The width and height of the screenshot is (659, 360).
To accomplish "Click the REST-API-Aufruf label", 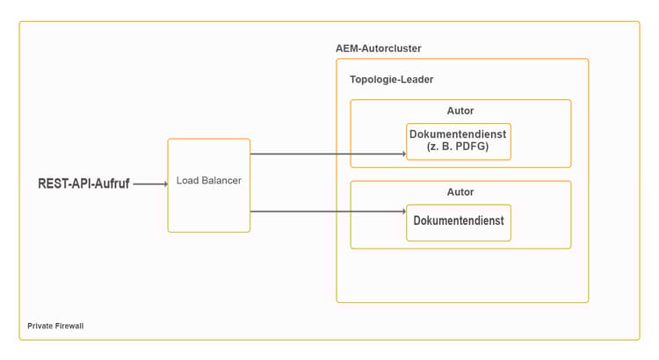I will (x=83, y=184).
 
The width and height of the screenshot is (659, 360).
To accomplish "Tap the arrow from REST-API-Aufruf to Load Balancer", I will (x=149, y=184).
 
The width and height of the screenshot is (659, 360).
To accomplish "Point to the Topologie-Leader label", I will (x=391, y=79).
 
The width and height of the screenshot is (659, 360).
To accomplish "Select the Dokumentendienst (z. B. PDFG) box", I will (x=458, y=141).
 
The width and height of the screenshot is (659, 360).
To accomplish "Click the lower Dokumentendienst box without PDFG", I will (x=458, y=222).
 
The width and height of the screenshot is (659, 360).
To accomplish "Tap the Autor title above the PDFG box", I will (x=460, y=111).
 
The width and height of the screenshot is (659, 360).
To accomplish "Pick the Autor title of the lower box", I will (x=460, y=191).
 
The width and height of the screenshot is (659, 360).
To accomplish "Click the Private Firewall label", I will (x=55, y=326).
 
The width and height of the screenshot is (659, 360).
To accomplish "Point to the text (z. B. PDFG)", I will (x=458, y=147).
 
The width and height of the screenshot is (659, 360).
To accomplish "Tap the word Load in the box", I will (x=188, y=180).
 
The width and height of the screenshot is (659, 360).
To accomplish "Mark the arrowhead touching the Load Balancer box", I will (x=163, y=184).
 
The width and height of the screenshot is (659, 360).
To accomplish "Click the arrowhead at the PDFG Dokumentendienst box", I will (x=403, y=154).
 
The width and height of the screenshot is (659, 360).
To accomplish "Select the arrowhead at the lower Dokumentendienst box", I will (x=403, y=211).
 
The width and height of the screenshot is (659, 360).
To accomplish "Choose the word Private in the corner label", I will (x=40, y=326).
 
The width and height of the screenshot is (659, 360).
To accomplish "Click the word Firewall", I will (x=69, y=326).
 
